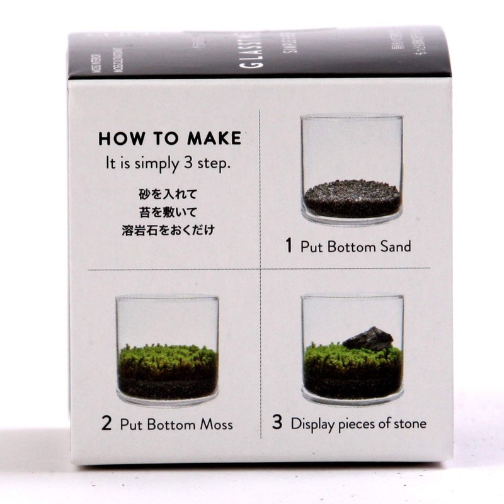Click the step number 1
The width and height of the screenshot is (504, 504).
click(289, 246)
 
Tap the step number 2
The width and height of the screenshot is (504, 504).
click(106, 423)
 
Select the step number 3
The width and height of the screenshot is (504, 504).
click(277, 423)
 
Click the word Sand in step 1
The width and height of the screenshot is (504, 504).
click(395, 246)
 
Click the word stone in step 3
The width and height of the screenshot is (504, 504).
click(409, 423)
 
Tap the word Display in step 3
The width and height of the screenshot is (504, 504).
click(312, 424)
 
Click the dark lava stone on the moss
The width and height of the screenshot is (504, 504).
click(368, 339)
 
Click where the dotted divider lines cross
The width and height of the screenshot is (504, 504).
click(260, 270)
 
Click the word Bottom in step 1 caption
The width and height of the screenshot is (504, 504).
click(350, 246)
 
